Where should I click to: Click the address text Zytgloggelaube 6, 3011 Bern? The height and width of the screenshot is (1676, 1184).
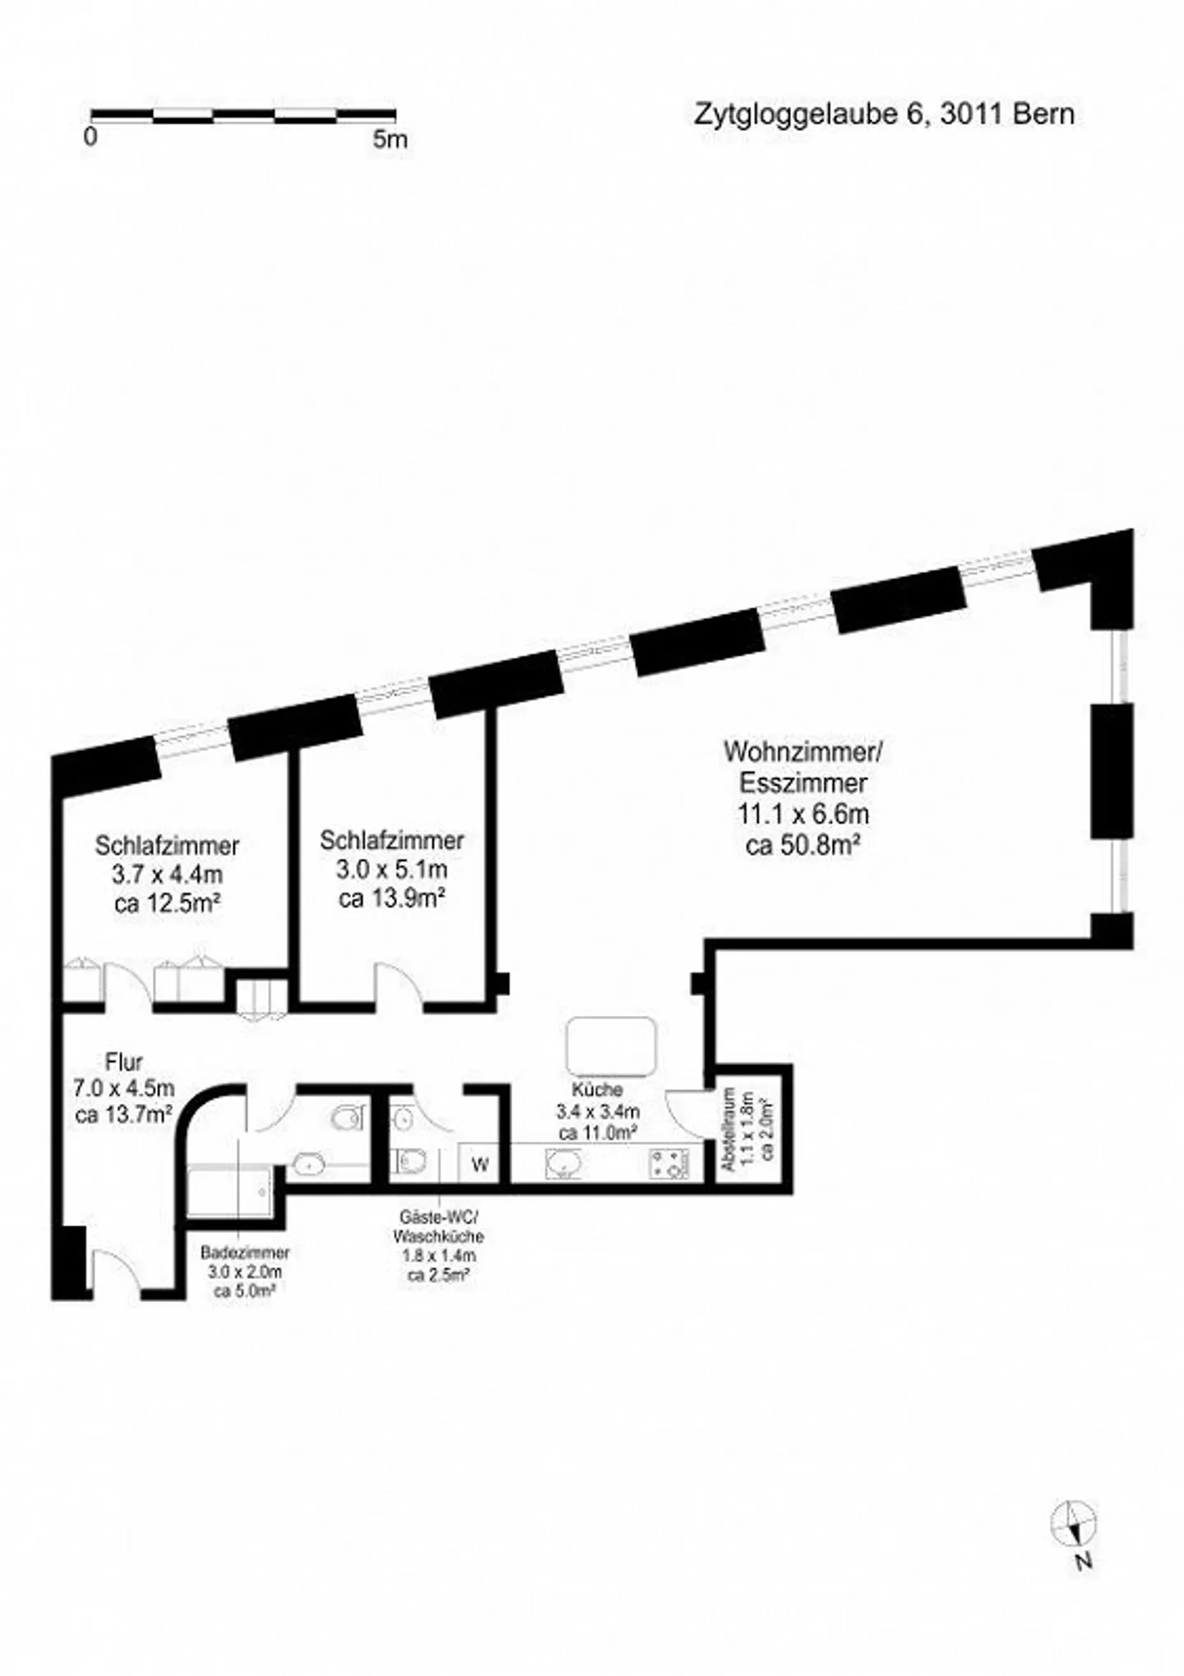884,113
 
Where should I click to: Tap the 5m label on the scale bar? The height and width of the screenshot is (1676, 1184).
390,139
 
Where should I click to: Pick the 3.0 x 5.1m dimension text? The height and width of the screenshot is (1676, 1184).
391,869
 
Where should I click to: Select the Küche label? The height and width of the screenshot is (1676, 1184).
598,1090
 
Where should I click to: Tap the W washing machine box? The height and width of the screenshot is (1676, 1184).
480,1164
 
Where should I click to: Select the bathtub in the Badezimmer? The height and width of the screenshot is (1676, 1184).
228,1189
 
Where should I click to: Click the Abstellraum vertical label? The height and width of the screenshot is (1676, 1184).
727,1129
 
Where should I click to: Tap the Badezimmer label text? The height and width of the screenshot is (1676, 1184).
245,1254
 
